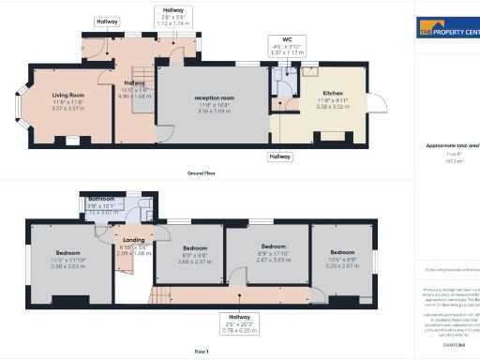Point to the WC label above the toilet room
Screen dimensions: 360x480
pos(275,39)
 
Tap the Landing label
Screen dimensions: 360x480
pos(133,239)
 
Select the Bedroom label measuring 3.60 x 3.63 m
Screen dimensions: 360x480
pos(68,253)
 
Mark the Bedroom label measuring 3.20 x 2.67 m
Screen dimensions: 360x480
pos(342,252)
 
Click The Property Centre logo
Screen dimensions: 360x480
pos(446,28)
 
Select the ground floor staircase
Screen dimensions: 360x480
pos(140,94)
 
